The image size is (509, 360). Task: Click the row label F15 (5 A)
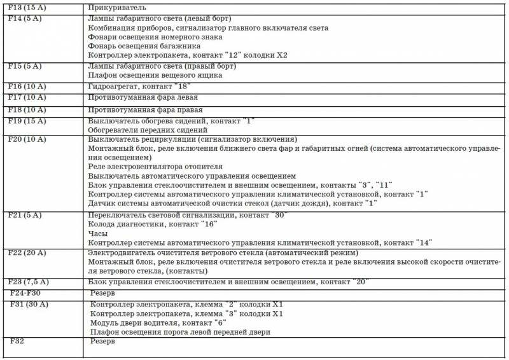(24, 66)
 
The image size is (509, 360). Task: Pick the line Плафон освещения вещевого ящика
(155, 75)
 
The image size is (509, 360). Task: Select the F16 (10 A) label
(26, 85)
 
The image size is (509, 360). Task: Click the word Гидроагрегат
(113, 86)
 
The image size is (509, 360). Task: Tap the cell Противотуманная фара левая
(143, 97)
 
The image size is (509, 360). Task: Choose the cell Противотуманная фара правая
(146, 109)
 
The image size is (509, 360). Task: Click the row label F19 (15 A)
(26, 120)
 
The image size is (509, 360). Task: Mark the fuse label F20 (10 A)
(26, 139)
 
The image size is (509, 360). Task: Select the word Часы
(98, 234)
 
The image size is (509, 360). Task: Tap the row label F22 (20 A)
(26, 253)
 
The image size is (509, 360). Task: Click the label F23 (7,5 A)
(28, 281)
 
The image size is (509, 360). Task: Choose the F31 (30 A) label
(29, 305)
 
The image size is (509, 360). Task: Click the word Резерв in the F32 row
(102, 341)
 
